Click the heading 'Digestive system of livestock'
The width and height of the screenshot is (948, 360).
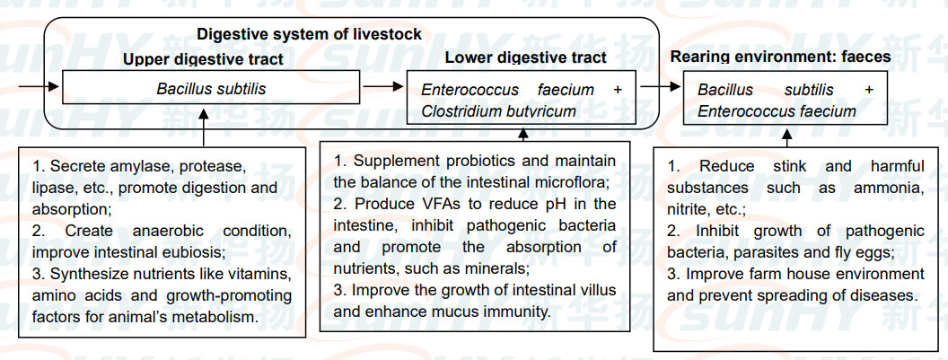(x=309, y=35)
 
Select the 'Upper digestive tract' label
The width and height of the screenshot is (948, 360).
(x=203, y=60)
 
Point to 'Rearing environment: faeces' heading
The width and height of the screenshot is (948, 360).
(x=780, y=57)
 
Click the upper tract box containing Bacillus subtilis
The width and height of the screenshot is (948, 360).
(x=211, y=90)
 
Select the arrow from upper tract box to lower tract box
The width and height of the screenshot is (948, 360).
(x=384, y=89)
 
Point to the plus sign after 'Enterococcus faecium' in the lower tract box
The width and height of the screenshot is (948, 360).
(x=617, y=90)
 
